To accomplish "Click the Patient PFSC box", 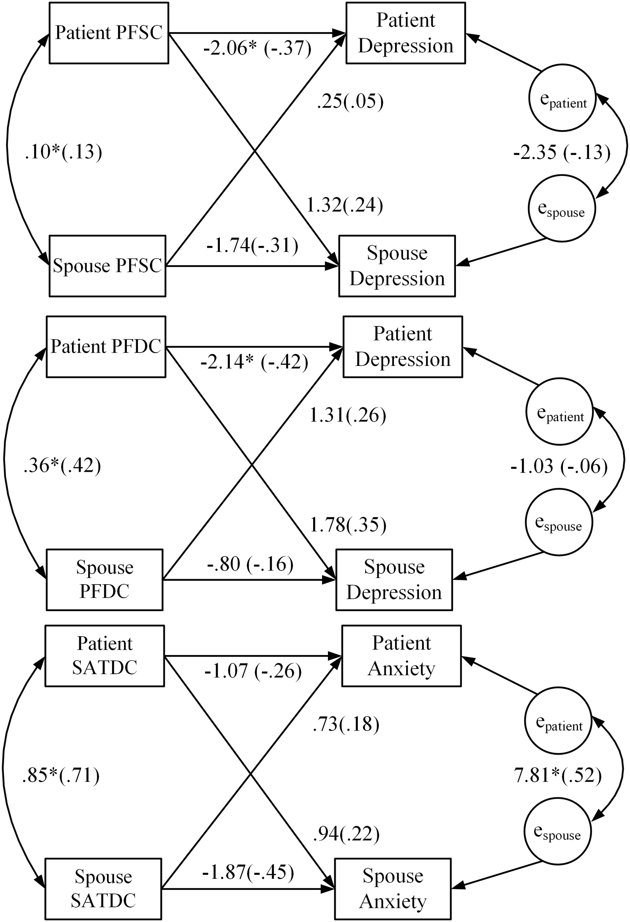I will pyautogui.click(x=109, y=33).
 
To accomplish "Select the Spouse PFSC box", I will pyautogui.click(x=107, y=266).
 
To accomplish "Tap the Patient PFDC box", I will pyautogui.click(x=106, y=347).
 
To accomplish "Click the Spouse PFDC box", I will pyautogui.click(x=104, y=580).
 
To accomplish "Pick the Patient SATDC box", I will pyautogui.click(x=104, y=656).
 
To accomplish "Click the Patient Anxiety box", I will pyautogui.click(x=401, y=656).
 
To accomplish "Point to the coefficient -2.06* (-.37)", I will pyautogui.click(x=257, y=48).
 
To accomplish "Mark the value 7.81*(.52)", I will pyautogui.click(x=558, y=775).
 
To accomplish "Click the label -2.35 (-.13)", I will pyautogui.click(x=561, y=152).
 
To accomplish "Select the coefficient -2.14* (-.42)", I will pyautogui.click(x=254, y=362).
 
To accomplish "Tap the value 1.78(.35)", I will pyautogui.click(x=347, y=525).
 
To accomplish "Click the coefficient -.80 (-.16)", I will pyautogui.click(x=250, y=564).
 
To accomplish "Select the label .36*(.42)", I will pyautogui.click(x=62, y=465).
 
